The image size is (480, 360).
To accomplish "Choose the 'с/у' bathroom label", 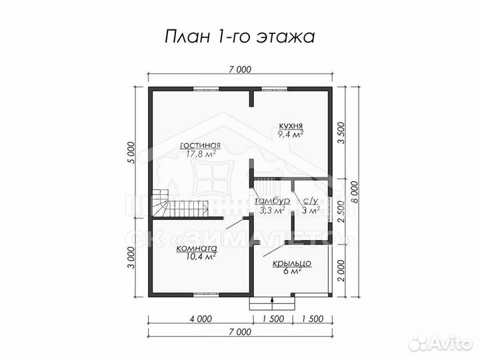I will point(310,201).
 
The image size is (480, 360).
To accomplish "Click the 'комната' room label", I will point(196,247).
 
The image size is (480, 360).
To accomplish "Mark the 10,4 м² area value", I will point(196,256).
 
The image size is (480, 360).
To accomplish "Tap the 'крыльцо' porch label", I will point(292,263).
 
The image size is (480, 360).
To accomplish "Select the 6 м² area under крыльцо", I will point(292,272).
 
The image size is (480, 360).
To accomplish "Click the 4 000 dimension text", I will point(200,319).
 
